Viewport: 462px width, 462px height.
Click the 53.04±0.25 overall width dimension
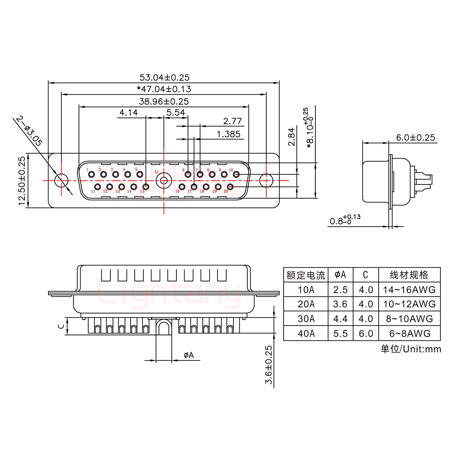tap(164, 77)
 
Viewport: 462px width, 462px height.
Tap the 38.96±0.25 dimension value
tap(164, 102)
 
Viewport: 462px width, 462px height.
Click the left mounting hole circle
tap(62, 181)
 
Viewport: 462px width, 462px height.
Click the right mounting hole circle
tap(266, 181)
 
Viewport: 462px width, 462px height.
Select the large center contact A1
tap(164, 181)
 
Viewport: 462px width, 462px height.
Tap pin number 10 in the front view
tap(236, 175)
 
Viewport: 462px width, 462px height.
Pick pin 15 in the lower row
tap(146, 186)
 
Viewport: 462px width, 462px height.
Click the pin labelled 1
tap(91, 175)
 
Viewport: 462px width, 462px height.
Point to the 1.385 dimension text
tap(228, 134)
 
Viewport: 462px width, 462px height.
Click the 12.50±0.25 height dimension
tap(22, 181)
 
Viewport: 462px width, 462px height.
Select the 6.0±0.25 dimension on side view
tap(415, 138)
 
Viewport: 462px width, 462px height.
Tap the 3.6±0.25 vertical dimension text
tap(269, 364)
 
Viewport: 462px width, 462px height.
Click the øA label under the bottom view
tap(189, 355)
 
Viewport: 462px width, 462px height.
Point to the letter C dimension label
tap(60, 326)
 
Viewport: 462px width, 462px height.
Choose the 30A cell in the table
tap(306, 319)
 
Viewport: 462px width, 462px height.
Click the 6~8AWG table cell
tap(409, 334)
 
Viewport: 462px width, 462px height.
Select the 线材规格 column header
tap(409, 275)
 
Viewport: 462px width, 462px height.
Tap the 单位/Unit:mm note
tap(411, 349)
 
